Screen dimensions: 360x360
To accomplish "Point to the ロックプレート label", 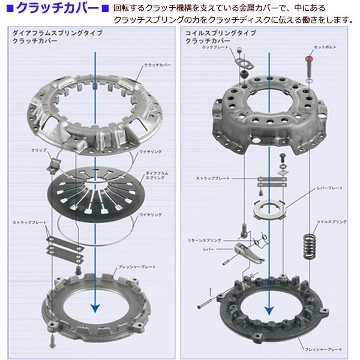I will tap(217, 46).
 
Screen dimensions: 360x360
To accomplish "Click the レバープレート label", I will tap(329, 188).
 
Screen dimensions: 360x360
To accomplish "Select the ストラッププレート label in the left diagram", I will tap(28, 223).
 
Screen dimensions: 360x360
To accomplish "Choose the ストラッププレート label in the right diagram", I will tap(211, 178).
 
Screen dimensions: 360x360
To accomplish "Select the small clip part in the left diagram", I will tap(53, 160).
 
